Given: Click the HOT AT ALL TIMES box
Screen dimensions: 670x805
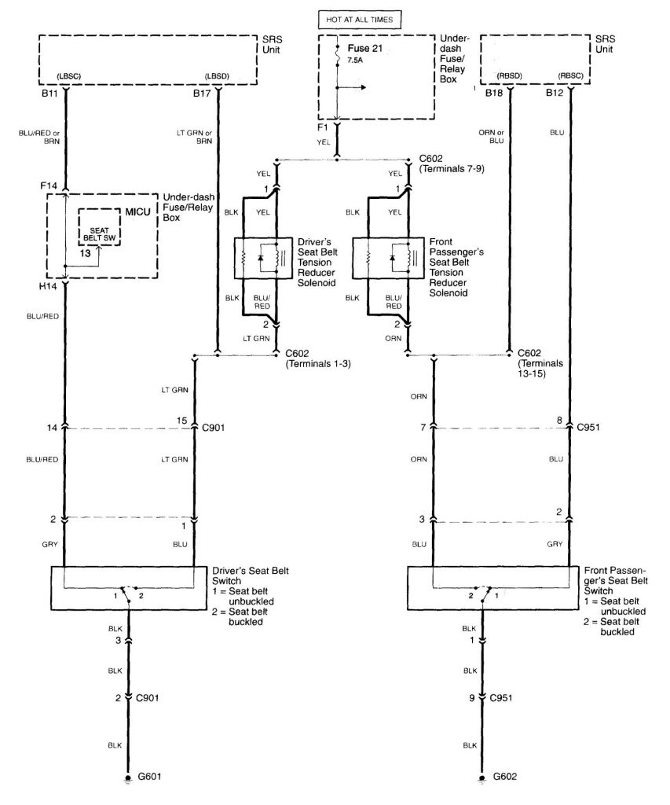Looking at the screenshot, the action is pos(359,20).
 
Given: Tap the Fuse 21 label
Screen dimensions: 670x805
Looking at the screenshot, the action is pos(365,48).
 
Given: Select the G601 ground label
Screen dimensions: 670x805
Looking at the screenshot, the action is pos(149,776).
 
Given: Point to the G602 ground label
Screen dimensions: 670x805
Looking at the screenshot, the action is pos(504,776).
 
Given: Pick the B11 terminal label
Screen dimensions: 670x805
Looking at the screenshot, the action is pos(49,94).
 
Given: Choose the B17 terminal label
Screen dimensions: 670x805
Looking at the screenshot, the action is pos(202,94).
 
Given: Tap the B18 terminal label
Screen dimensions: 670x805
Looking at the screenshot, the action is pos(494,93).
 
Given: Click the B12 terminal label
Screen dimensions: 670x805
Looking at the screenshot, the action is pos(555,93).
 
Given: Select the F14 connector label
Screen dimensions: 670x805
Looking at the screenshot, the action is pos(49,186).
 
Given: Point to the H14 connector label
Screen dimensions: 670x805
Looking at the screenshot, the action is pos(48,286).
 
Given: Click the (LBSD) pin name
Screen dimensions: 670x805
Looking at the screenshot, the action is pos(217,76).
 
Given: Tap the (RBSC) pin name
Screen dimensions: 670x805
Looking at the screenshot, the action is pos(571,76).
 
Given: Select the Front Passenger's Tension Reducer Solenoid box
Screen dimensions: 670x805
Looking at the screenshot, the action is pos(381,258).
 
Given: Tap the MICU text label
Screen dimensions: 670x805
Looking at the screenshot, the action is pos(138,212).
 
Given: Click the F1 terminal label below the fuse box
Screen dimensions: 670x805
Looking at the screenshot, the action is pos(322,127).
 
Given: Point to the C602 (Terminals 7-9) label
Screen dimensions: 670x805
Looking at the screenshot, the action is pos(452,164).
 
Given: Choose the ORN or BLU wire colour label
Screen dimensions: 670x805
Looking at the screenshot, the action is pos(492,137).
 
